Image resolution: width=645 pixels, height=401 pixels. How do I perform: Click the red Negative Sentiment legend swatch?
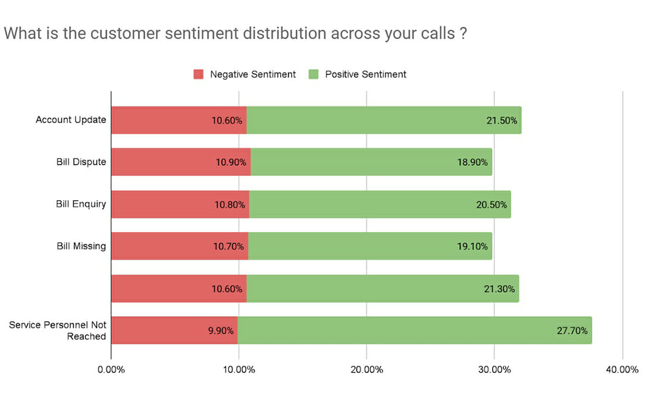pos(198,74)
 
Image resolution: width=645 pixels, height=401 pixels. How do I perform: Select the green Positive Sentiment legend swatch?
pos(314,74)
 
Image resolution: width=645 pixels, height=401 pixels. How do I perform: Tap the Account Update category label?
pos(71,120)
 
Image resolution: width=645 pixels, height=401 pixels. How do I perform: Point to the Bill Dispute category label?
pos(81,162)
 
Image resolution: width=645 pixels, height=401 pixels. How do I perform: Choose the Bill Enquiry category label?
pos(81,204)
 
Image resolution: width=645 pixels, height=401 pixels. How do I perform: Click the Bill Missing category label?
pos(81,246)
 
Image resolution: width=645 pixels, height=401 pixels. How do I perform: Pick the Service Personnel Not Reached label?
pos(58,331)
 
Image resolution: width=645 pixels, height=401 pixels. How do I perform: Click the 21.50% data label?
pos(502,121)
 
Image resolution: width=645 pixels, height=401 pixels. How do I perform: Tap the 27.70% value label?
pos(572,331)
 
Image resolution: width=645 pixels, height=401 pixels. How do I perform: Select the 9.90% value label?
pos(221,331)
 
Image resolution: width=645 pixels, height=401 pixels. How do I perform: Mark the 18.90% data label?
pos(472,162)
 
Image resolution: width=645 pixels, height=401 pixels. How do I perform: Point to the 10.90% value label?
pos(231,162)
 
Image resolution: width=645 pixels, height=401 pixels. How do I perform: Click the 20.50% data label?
pos(491,204)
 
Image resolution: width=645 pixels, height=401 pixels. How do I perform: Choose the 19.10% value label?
pos(472,247)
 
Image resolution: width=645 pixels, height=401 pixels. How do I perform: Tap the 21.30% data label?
pos(499,289)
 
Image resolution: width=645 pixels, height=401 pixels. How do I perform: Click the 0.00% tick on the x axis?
pos(111,370)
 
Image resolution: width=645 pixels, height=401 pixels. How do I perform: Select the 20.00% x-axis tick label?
pos(367,370)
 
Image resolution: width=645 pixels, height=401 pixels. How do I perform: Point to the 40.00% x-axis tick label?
pos(622,370)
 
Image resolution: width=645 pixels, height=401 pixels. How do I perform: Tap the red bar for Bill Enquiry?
pos(180,204)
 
